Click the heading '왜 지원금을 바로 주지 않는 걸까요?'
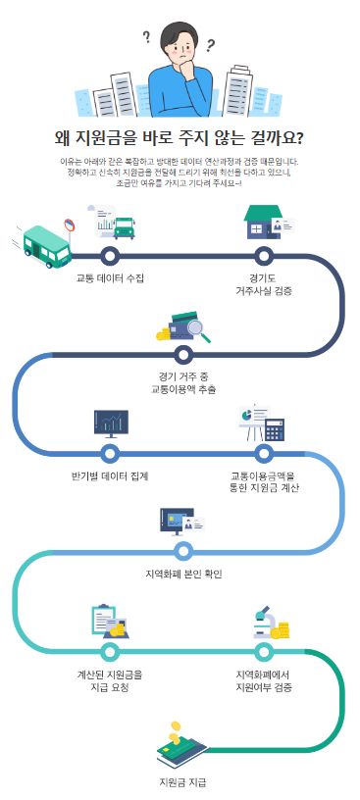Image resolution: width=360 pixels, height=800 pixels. pos(179,137)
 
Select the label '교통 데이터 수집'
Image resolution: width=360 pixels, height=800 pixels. pos(110,277)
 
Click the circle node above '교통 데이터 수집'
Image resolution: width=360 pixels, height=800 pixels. pos(110,257)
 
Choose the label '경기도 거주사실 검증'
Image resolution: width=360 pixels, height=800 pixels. pos(263,284)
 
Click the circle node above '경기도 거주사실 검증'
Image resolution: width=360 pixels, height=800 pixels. pos(263,257)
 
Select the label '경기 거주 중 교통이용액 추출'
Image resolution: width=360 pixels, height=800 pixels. pos(182,382)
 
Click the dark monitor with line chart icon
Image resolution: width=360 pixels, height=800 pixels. pos(110,423)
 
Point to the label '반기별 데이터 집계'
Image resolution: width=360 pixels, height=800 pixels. pos(110,475)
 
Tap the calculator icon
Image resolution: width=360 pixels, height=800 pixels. pos(274,428)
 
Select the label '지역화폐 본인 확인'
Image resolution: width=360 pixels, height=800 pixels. pos(183,572)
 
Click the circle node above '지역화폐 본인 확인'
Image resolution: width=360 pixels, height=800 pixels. pos(183,550)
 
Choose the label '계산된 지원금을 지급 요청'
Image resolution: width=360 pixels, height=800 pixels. pos(110,680)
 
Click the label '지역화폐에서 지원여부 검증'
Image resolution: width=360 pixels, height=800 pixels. pos(263,680)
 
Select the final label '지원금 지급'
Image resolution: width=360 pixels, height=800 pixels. pos(182,781)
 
